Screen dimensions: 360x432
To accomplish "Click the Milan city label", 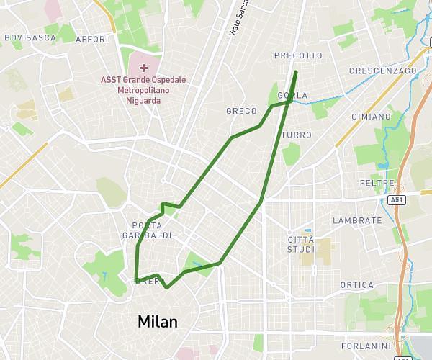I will [x=157, y=321].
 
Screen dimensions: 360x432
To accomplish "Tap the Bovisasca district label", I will [x=30, y=37].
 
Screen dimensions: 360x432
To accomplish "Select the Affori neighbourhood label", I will [x=91, y=39].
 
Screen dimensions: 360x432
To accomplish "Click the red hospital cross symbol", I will [x=144, y=68].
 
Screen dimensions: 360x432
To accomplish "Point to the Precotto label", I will [x=298, y=55].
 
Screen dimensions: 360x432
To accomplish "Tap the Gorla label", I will [x=295, y=95].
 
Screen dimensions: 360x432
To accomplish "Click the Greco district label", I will [x=240, y=111].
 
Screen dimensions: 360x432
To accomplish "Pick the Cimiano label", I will [x=371, y=116].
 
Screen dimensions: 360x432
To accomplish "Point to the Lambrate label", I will [x=358, y=220].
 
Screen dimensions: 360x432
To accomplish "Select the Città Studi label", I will [x=301, y=244].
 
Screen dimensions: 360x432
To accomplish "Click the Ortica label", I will [x=357, y=285].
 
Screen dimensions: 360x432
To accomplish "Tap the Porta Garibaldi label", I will [x=151, y=230].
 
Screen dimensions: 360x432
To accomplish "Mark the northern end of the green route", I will [x=296, y=72].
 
